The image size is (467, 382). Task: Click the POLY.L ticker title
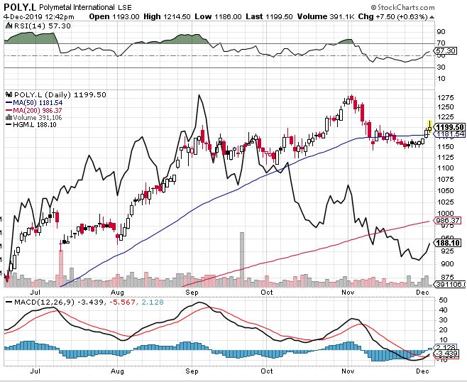click(x=22, y=6)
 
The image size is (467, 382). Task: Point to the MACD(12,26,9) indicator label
click(x=39, y=302)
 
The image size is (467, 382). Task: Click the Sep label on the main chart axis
click(x=192, y=291)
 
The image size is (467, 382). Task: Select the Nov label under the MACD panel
click(x=348, y=370)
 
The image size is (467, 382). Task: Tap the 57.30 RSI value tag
click(x=446, y=51)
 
